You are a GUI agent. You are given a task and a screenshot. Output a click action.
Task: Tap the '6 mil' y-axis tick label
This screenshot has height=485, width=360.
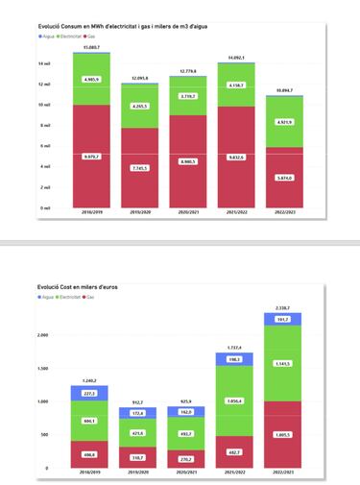pyautogui.click(x=45, y=146)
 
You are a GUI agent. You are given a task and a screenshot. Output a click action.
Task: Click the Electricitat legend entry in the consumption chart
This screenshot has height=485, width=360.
pyautogui.click(x=73, y=35)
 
